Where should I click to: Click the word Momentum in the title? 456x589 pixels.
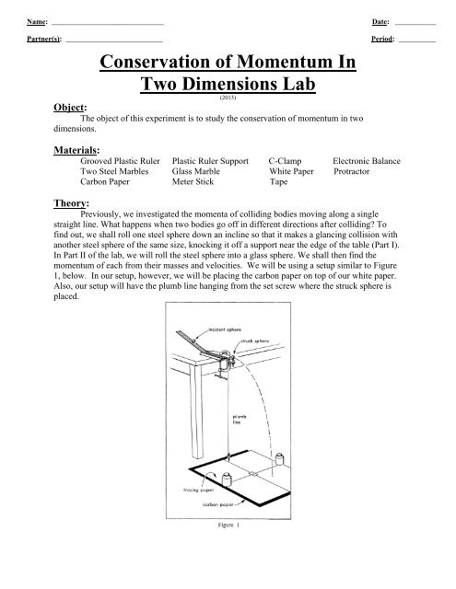click(284, 64)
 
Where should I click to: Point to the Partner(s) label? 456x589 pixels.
click(45, 40)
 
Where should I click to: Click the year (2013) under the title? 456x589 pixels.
click(227, 96)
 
